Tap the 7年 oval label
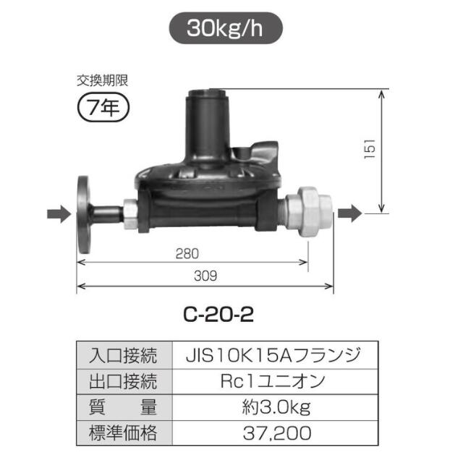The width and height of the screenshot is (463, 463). (103, 109)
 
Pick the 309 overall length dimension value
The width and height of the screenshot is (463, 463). (205, 276)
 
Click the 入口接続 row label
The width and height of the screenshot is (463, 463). (124, 356)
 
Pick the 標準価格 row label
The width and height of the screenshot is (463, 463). (124, 433)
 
